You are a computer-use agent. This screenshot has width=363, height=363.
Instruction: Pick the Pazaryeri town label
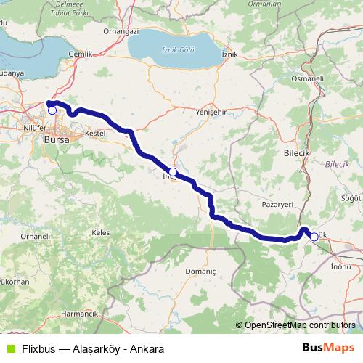point(277,205)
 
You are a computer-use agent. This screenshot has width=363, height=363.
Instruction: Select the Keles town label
point(100,232)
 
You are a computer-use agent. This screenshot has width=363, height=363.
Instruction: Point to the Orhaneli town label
point(34,237)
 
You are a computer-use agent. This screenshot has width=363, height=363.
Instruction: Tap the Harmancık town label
point(79,314)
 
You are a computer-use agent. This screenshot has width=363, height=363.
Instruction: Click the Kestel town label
point(95,134)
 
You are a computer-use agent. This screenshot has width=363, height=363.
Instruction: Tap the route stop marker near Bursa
point(52,110)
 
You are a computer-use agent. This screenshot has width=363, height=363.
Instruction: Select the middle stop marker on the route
point(173,172)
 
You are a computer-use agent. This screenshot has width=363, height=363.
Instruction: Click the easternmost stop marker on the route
point(314,236)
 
